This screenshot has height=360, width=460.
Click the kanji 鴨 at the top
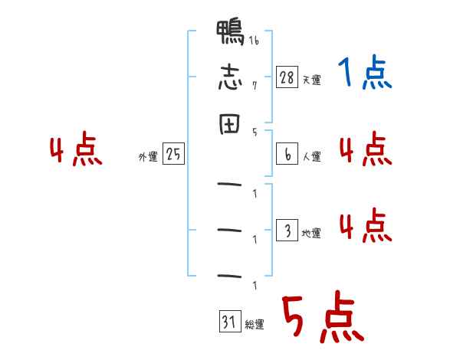tap(230, 32)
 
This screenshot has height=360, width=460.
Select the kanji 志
tap(230, 77)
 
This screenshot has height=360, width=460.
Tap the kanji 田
tap(230, 124)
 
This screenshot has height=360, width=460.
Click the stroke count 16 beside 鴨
tap(254, 40)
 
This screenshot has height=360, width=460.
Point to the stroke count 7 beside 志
tap(255, 85)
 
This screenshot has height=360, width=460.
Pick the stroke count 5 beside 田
tap(255, 133)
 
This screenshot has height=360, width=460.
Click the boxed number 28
tap(287, 77)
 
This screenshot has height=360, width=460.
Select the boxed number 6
tap(287, 154)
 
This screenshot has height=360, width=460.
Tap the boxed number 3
tap(287, 230)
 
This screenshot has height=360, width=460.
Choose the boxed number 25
tap(173, 153)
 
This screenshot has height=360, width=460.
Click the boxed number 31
tap(230, 321)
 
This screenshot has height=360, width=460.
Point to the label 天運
tap(311, 80)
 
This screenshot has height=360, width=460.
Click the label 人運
tap(311, 156)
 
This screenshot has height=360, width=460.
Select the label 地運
tap(311, 233)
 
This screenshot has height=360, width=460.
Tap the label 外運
tap(148, 156)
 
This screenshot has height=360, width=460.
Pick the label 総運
tap(255, 325)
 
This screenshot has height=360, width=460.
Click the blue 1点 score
tap(365, 72)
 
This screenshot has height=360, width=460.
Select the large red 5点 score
tap(324, 317)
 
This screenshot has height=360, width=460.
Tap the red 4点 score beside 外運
tap(76, 148)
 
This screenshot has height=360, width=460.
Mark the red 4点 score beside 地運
tap(366, 225)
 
